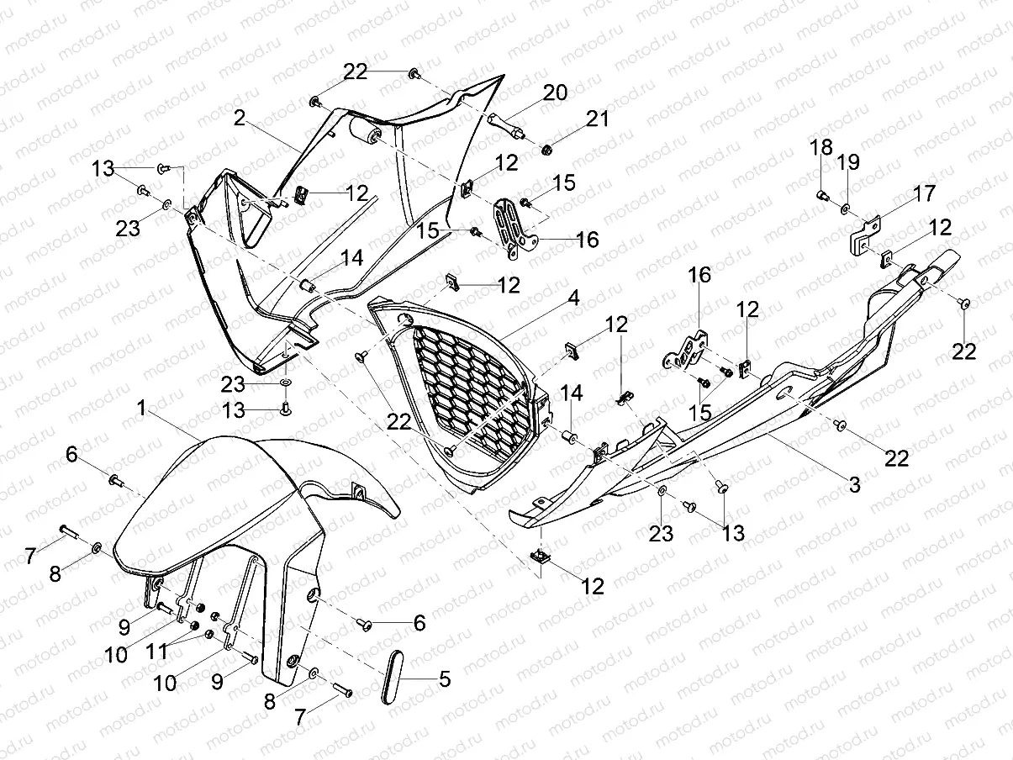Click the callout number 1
(x=143, y=408)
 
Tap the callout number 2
(x=240, y=119)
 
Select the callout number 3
(x=853, y=484)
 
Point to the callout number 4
(x=572, y=298)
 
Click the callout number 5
(x=444, y=679)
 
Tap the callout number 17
(x=924, y=193)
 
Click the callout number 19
(x=847, y=161)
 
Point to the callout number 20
(x=555, y=92)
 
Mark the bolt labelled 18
(x=823, y=196)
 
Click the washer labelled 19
(x=846, y=206)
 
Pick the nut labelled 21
(x=547, y=150)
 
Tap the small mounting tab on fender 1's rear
(x=359, y=491)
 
